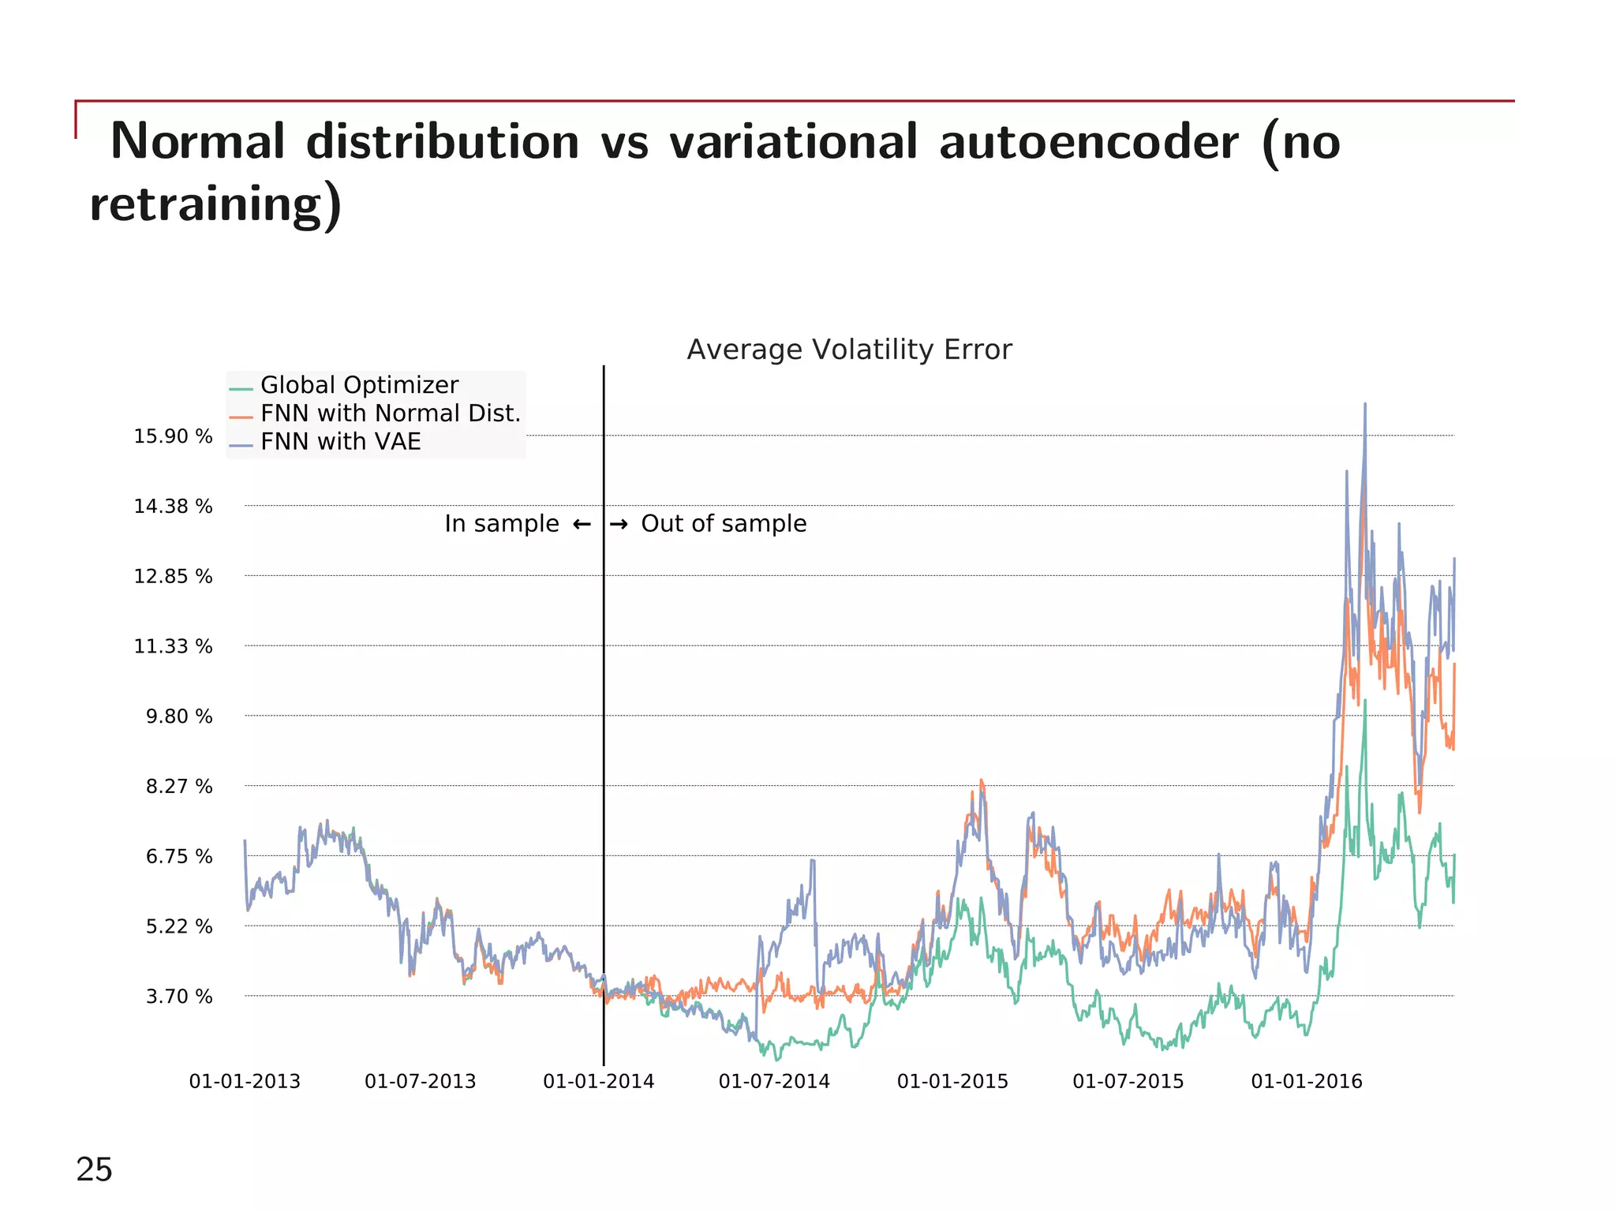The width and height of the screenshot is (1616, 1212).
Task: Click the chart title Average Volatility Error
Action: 849,350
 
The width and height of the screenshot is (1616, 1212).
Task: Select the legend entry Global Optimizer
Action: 359,385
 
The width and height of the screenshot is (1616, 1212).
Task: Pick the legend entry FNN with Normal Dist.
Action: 391,413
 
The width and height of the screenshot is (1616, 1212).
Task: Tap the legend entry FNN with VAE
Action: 340,442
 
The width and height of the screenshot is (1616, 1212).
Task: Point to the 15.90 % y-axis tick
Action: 173,436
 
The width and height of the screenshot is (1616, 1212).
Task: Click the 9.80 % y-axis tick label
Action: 179,716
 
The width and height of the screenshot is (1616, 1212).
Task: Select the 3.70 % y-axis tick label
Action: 179,997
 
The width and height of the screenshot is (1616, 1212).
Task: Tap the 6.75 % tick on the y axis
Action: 179,857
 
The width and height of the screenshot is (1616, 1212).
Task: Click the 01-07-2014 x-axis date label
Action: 774,1082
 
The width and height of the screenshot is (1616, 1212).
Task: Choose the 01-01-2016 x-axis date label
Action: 1307,1082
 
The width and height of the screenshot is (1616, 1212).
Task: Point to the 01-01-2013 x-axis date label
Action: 245,1082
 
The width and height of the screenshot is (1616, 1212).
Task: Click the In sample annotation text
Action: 501,524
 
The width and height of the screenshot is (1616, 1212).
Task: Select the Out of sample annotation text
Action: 724,524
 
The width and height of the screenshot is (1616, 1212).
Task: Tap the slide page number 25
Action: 94,1169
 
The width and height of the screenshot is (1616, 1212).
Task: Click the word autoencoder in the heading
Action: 1089,142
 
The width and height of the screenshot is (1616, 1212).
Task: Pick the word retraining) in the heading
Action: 215,204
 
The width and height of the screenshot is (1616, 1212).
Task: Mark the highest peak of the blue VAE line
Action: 1365,405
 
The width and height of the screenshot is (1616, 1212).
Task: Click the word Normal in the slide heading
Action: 197,142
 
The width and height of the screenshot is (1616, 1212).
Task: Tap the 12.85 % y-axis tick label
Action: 173,577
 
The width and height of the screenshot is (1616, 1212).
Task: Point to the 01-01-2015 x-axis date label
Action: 952,1082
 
